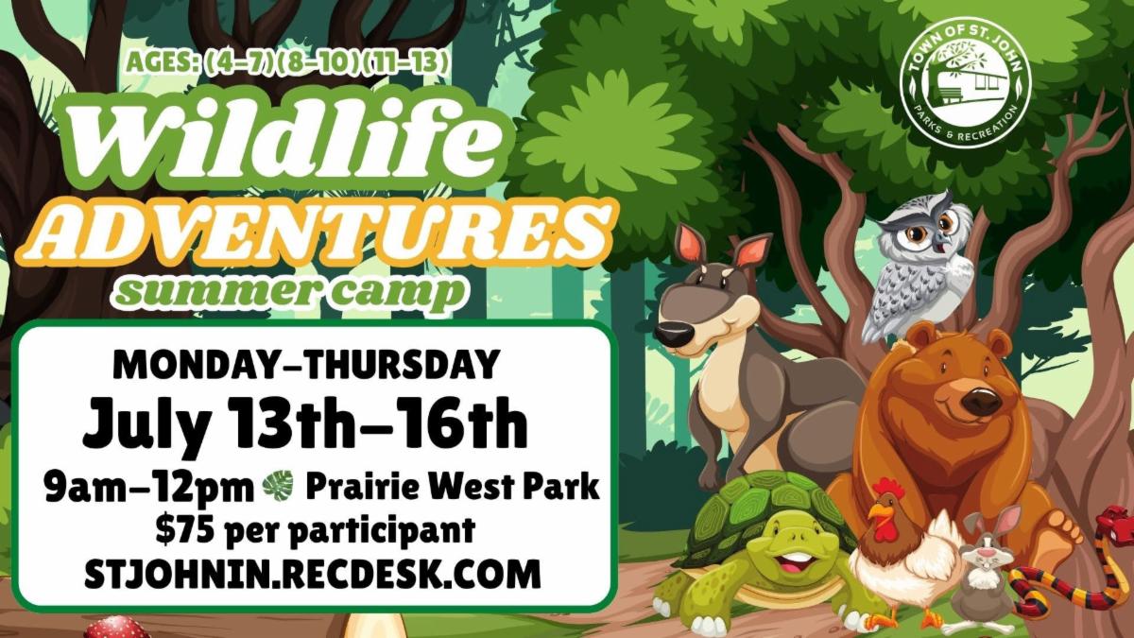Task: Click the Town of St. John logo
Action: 965,82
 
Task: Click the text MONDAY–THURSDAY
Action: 306,364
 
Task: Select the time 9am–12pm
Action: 149,486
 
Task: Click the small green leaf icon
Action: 278,486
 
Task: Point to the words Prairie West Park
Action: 453,486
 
